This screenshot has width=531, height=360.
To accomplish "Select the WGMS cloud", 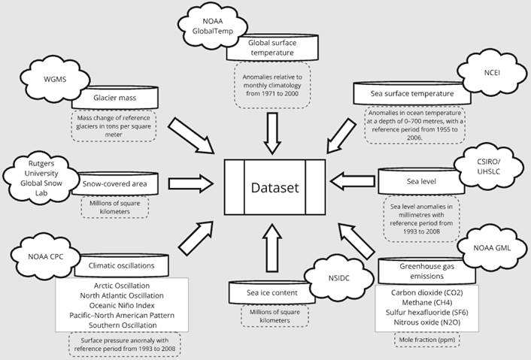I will click(50, 77).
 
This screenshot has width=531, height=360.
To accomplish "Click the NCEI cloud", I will click(481, 71).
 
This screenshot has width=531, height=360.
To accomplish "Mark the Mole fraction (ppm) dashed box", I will click(426, 340).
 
